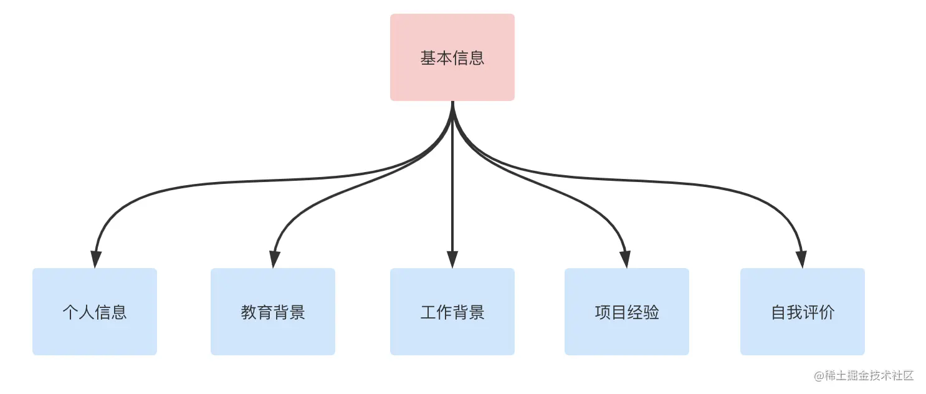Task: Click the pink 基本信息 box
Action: pyautogui.click(x=452, y=57)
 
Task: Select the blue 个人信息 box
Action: pyautogui.click(x=95, y=312)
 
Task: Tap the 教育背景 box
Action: pyautogui.click(x=273, y=312)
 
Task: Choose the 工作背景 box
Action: pyautogui.click(x=452, y=312)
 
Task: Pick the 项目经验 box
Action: pyautogui.click(x=627, y=312)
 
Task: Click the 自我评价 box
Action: pyautogui.click(x=803, y=312)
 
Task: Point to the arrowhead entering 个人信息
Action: pyautogui.click(x=95, y=259)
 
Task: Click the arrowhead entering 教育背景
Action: pyautogui.click(x=274, y=259)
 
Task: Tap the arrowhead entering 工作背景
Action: pyautogui.click(x=452, y=259)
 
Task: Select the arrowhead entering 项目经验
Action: pyautogui.click(x=625, y=259)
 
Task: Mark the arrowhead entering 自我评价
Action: pyautogui.click(x=801, y=259)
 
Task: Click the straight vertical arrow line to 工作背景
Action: pyautogui.click(x=452, y=187)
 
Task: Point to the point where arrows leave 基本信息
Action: pyautogui.click(x=452, y=103)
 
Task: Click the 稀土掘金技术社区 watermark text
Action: pyautogui.click(x=869, y=375)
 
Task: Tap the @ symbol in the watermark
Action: pyautogui.click(x=819, y=375)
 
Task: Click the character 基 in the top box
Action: pyautogui.click(x=428, y=58)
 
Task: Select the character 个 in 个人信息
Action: pyautogui.click(x=70, y=312)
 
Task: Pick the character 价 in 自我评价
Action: pyautogui.click(x=827, y=312)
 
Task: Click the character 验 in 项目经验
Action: pyautogui.click(x=651, y=312)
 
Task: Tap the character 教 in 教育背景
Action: pyautogui.click(x=249, y=312)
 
